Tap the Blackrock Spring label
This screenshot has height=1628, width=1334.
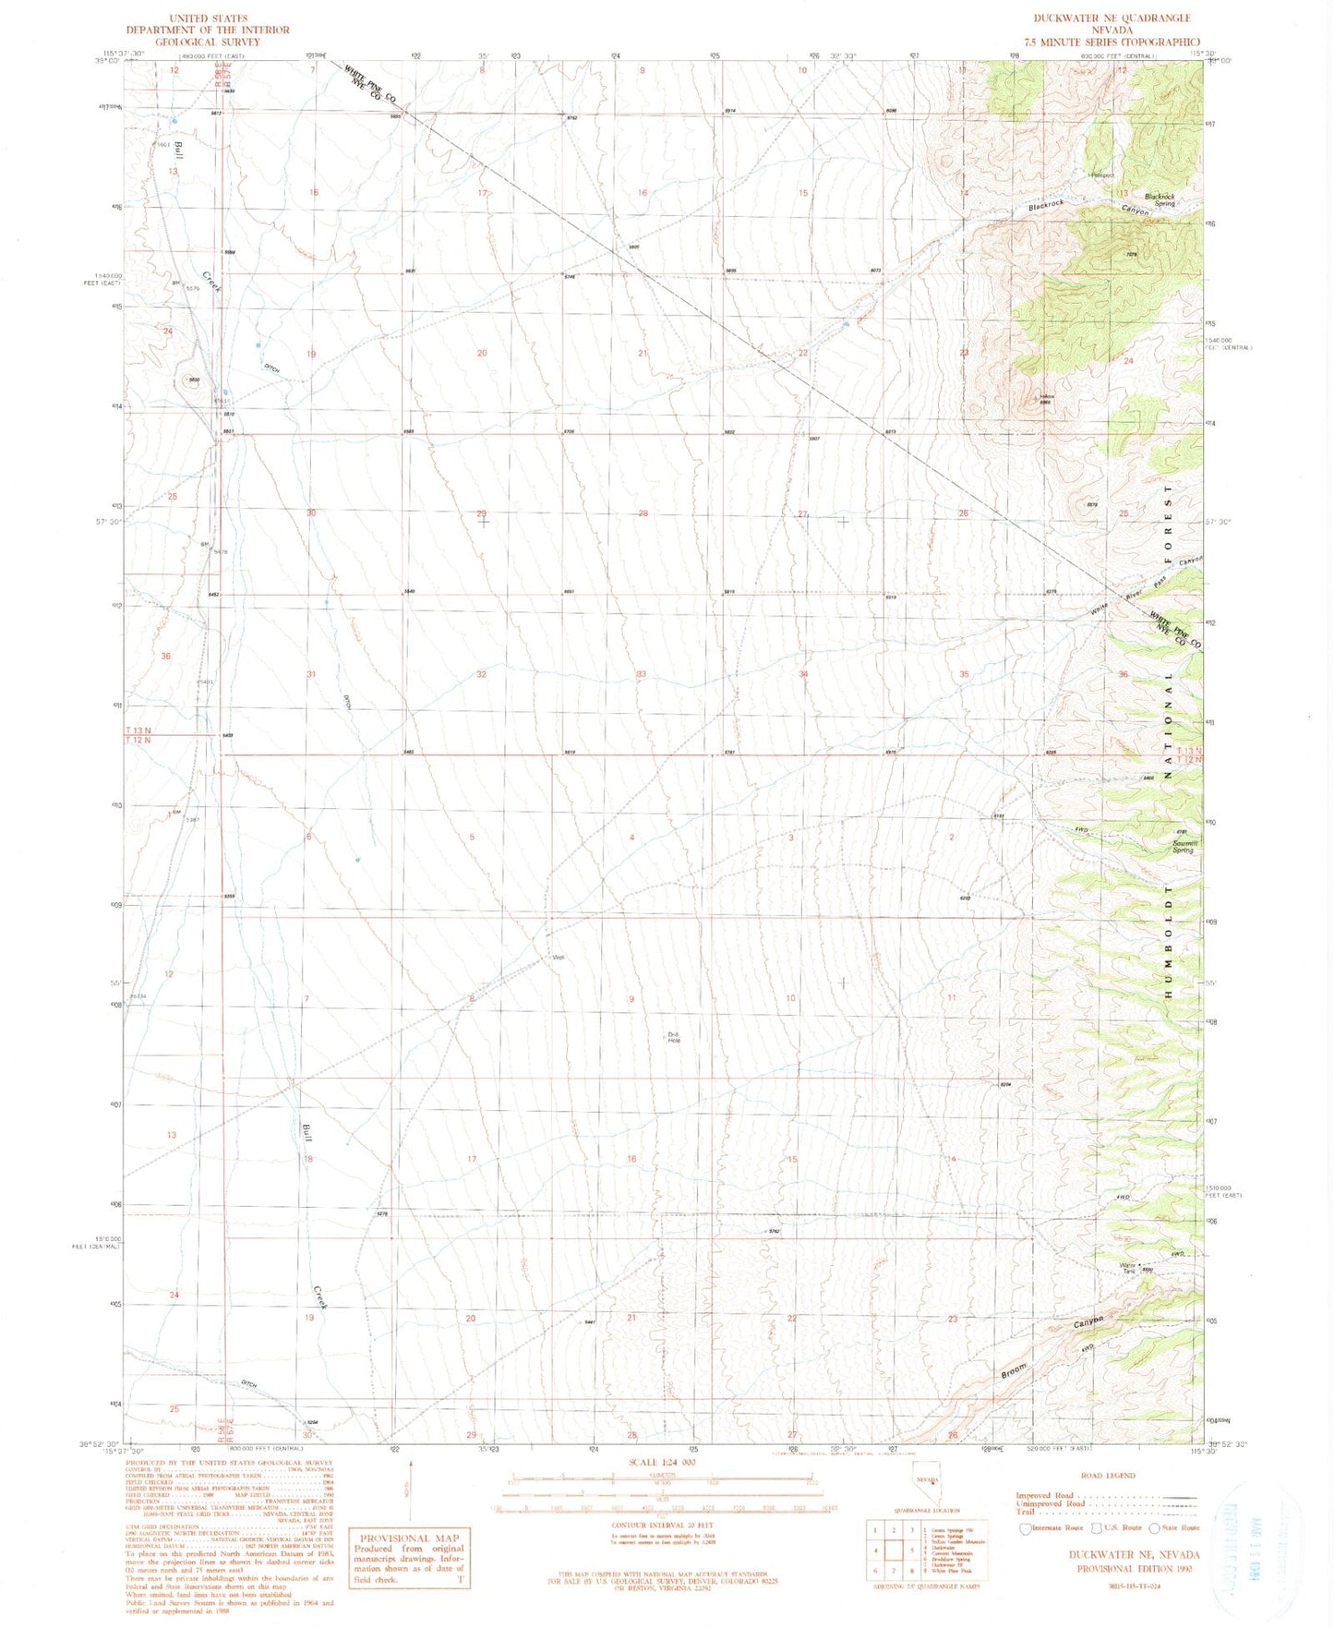pos(1160,199)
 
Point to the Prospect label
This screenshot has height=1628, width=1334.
pos(1103,175)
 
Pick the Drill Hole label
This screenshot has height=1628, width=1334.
pos(674,1037)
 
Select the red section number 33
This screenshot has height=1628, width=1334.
pos(641,674)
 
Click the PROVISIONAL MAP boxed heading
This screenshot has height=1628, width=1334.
pos(409,1538)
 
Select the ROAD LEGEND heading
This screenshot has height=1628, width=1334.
pos(1107,1475)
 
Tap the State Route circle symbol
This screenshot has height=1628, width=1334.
pos(1154,1527)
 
